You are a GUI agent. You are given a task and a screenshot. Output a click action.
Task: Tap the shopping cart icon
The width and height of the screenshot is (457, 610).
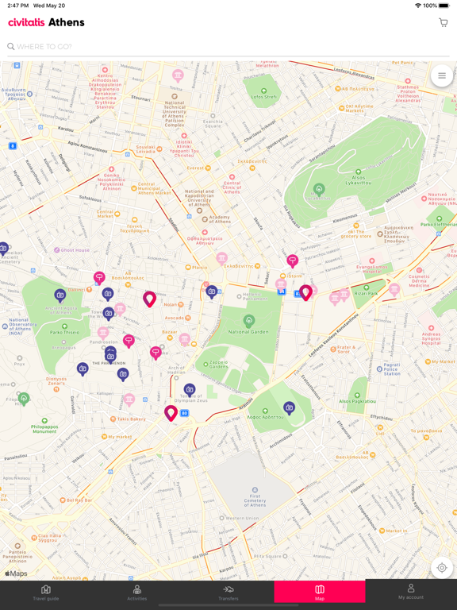coord(443,22)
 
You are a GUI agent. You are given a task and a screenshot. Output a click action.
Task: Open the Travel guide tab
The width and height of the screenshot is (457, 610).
coord(45,593)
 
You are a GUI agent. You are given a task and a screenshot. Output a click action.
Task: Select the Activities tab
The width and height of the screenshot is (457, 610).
coord(137,593)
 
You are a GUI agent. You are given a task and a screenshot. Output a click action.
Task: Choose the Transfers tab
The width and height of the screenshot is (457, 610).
coord(228,593)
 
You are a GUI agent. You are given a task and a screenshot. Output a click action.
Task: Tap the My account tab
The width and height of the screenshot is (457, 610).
coord(410,593)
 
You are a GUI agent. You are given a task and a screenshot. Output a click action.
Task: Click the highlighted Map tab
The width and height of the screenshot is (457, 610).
coord(320,593)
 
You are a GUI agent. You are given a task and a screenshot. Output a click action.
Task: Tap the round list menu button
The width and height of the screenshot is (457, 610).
coord(442,76)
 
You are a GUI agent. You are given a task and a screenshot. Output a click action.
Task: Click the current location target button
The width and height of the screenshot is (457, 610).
coord(442,568)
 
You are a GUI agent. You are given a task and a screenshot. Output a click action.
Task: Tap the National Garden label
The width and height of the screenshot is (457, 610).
coord(249,330)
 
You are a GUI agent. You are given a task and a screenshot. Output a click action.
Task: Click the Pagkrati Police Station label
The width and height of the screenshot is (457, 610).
coord(391,367)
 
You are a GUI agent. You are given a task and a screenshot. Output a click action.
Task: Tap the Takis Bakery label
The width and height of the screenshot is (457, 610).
coord(131,419)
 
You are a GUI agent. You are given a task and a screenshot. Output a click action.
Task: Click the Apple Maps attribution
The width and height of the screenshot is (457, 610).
coord(16,573)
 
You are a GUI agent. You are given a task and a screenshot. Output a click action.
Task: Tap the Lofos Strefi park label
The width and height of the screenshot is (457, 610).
coord(265,97)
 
